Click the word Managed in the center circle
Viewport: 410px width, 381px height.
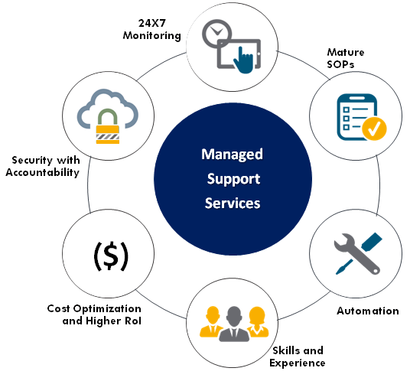point(232,155)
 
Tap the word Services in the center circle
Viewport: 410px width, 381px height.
point(233,204)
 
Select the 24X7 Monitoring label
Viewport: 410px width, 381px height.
point(152,29)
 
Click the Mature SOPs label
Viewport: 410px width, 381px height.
point(346,58)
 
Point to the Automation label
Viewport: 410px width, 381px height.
point(368,311)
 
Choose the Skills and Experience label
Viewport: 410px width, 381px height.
point(298,357)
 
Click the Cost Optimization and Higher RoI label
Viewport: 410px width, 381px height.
point(94,314)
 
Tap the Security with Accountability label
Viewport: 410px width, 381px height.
point(43,167)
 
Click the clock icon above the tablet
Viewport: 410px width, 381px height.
point(216,33)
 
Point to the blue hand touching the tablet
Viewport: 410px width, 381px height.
point(243,61)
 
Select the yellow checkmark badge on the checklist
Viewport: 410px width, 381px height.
point(374,129)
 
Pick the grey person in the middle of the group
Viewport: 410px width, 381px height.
point(234,324)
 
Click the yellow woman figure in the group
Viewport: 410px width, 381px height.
point(258,321)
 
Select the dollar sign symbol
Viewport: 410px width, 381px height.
point(111,256)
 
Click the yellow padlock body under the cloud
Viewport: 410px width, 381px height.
point(108,135)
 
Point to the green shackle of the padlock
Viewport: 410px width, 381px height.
point(107,117)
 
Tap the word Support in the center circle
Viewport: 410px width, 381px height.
point(233,179)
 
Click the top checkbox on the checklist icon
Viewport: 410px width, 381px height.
point(347,109)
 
